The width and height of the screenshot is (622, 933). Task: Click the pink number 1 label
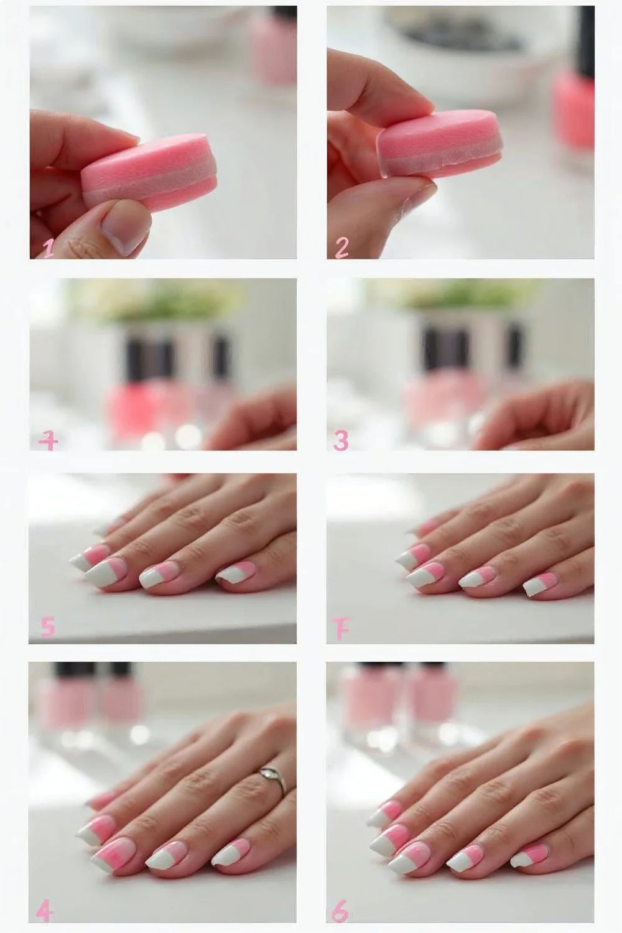point(48,248)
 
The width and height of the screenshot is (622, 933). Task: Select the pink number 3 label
point(341,440)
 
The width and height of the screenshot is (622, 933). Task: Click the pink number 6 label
point(340,912)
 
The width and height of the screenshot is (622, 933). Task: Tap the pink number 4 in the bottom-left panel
point(44,912)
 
